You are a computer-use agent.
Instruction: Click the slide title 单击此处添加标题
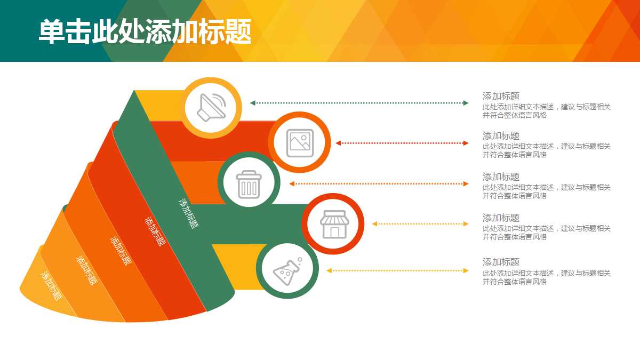[145, 31]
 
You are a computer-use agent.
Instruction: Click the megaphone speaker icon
[211, 107]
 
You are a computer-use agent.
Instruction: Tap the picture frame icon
[300, 143]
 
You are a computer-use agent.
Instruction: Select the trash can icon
[249, 185]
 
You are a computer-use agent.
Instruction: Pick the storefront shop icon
[334, 225]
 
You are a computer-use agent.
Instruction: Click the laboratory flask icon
[287, 271]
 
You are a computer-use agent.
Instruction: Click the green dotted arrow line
[359, 103]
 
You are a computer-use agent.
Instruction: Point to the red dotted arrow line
[402, 143]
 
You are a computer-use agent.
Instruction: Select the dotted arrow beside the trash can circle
[379, 183]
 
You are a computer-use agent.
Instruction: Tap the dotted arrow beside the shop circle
[420, 223]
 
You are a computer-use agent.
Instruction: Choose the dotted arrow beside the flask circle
[397, 270]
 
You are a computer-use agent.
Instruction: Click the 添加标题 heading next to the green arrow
[501, 97]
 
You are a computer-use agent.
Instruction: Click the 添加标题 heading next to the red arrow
[501, 135]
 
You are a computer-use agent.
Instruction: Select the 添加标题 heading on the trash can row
[501, 177]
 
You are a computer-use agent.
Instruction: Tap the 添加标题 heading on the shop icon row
[501, 218]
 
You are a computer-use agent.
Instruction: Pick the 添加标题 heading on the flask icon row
[501, 262]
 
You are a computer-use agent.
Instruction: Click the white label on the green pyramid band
[189, 213]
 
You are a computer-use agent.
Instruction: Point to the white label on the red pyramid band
[155, 231]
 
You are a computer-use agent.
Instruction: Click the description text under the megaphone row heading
[547, 111]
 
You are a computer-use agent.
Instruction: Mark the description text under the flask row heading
[547, 277]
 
